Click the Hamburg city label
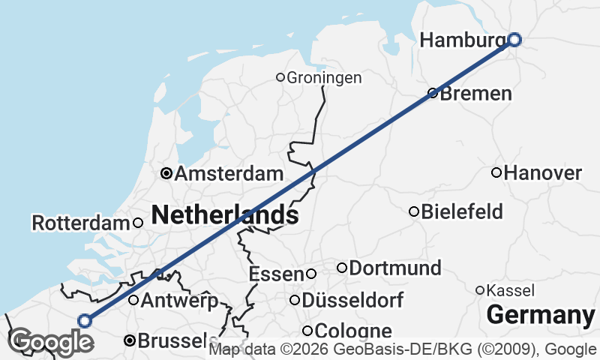pos(463,40)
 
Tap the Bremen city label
pos(475,94)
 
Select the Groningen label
pos(324,77)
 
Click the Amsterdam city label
pos(228,174)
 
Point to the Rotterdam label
pos(81,223)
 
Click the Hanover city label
pos(542,173)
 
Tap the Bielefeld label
pos(461,211)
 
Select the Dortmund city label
pos(394,268)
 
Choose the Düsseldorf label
pos(352,301)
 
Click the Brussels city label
pos(172,341)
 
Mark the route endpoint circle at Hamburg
pos(514,39)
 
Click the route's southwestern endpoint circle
pos(85,321)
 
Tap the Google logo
pos(50,342)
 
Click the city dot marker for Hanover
pos(496,172)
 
